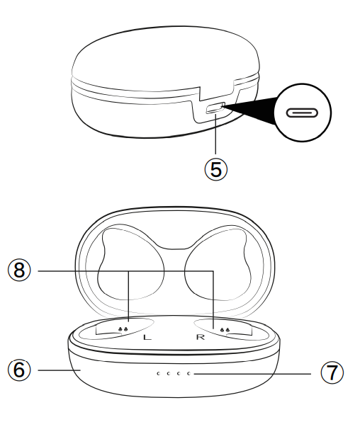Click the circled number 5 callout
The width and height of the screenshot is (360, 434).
pos(216,168)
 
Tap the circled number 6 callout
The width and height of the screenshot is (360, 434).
pos(19,370)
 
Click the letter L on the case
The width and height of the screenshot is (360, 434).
pos(147,338)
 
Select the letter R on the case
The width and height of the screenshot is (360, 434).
pos(200,337)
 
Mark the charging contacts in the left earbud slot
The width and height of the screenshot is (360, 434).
pos(123,329)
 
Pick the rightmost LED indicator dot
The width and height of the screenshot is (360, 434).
pos(189,373)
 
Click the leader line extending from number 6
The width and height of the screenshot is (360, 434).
pos(57,370)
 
